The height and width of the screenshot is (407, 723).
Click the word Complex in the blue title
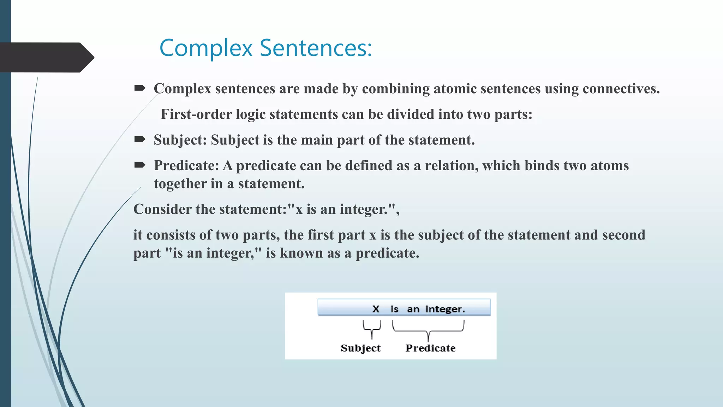coord(206,48)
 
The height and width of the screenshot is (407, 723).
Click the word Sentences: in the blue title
coord(316,48)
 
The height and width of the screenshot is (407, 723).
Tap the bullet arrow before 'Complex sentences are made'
coord(140,88)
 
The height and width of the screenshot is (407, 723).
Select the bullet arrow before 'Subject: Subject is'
coord(140,139)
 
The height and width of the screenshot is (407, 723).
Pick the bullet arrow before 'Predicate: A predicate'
coord(140,165)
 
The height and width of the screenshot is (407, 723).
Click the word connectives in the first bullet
coord(621,88)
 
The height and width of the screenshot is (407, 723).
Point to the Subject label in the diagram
coord(360,348)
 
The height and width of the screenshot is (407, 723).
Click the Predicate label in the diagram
coord(430,348)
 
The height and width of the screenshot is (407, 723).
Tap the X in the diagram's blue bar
coord(376,309)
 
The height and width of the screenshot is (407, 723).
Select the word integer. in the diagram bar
coord(445,309)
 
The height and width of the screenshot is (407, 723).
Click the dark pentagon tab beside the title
coord(46,57)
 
